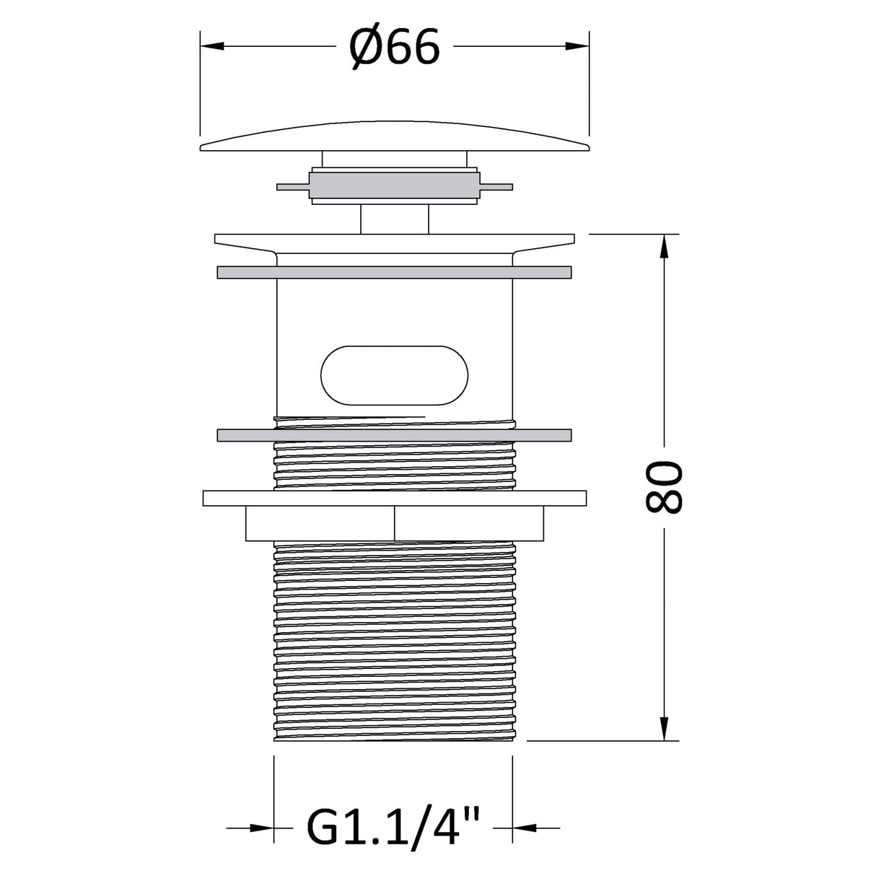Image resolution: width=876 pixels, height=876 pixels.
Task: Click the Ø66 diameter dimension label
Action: [x=395, y=47]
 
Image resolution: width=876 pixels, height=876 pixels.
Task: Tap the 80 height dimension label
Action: [x=664, y=487]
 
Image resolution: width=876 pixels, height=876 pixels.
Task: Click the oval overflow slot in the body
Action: [x=394, y=375]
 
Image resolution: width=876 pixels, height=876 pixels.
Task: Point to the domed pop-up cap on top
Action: [x=395, y=136]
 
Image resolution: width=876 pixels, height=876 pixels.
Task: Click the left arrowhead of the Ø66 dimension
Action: [x=212, y=46]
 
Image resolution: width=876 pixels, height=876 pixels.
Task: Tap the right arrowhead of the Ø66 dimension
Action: [x=577, y=46]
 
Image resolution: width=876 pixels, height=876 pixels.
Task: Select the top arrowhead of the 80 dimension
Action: [x=664, y=246]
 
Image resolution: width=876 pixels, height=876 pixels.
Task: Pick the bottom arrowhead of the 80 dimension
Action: [x=664, y=729]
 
